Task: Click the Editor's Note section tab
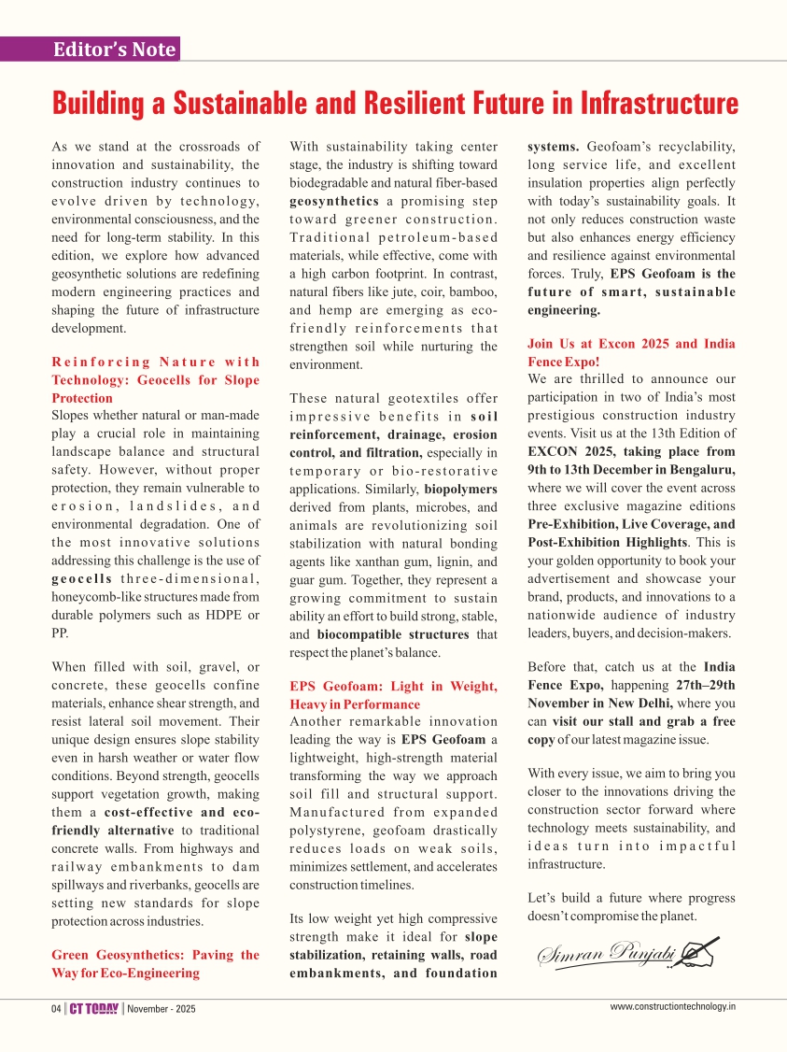pyautogui.click(x=114, y=50)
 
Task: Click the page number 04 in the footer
pyautogui.click(x=56, y=1008)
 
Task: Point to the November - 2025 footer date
pyautogui.click(x=162, y=1008)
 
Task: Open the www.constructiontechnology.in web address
pyautogui.click(x=673, y=1006)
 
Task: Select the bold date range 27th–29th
pyautogui.click(x=704, y=685)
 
